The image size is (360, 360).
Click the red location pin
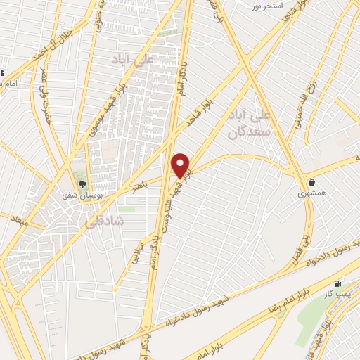[x=181, y=165]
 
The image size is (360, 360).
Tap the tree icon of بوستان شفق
[x=82, y=184]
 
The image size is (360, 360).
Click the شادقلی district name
[x=103, y=220]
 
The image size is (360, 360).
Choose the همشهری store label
[x=311, y=193]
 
